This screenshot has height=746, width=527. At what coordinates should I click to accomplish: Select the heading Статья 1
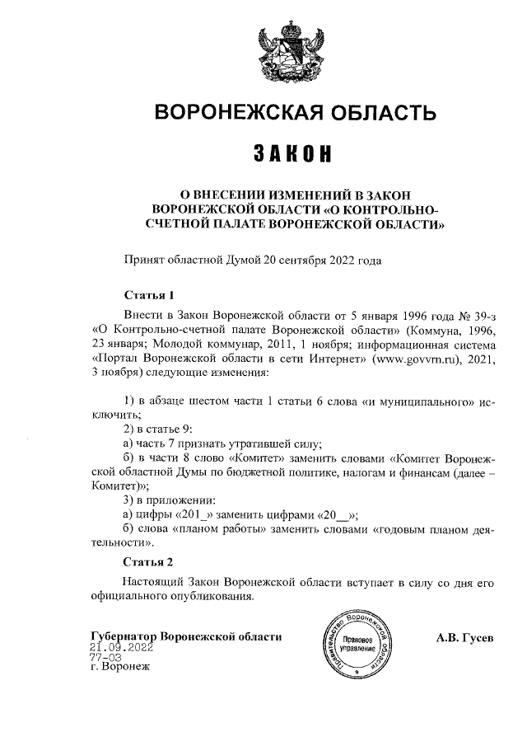coord(149,294)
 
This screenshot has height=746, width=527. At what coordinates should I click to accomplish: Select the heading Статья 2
coord(148,563)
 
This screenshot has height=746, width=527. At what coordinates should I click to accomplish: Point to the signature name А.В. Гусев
coord(464,637)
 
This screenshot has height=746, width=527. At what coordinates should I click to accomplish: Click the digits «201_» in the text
coord(189,515)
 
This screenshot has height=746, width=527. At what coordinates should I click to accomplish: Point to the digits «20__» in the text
coord(334,515)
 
